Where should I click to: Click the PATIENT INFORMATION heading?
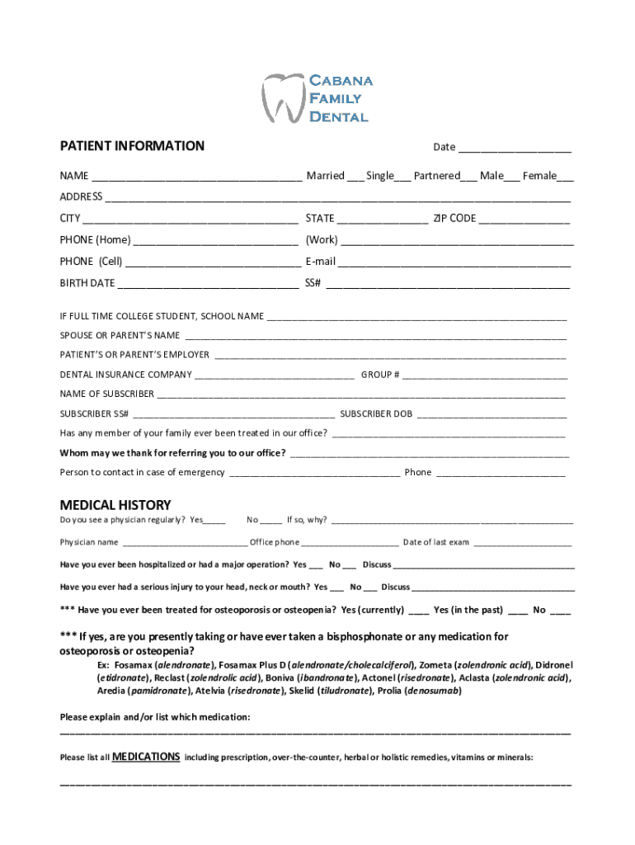132,146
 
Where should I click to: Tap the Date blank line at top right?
515,149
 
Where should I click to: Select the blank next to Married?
355,177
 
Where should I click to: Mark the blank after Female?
566,177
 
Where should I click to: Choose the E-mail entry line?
454,264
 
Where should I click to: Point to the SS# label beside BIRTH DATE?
313,283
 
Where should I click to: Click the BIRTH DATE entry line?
208,286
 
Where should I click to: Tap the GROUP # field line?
485,377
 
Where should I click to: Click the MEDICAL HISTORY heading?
115,505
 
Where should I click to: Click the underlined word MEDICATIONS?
146,756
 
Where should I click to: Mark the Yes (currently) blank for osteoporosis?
418,612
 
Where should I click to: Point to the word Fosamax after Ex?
133,665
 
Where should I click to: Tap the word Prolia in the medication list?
390,692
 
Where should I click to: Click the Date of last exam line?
522,545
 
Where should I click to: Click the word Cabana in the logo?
341,80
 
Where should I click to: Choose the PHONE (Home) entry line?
215,243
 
